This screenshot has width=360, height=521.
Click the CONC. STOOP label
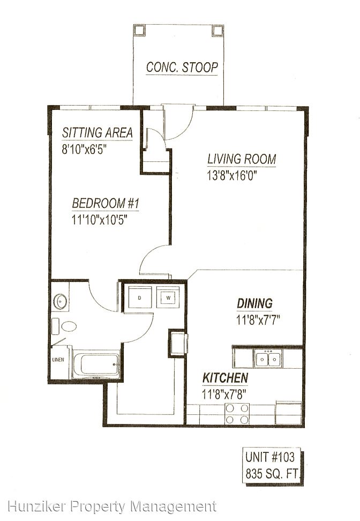tap(182, 67)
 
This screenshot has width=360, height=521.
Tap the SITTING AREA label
tap(97, 132)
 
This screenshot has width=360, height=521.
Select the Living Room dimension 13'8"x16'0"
tap(232, 175)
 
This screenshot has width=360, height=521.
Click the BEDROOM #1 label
tap(106, 203)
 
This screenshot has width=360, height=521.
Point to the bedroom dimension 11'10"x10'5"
tap(100, 219)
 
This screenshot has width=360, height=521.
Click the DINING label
tap(254, 303)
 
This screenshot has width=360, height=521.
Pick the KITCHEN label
tap(225, 378)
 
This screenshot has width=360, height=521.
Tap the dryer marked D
tap(139, 297)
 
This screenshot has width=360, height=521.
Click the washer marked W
tap(168, 297)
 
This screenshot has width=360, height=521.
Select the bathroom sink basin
tap(60, 302)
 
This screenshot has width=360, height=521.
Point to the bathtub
tap(96, 364)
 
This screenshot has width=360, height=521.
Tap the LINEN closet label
tap(58, 360)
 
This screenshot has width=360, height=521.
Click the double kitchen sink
tap(268, 359)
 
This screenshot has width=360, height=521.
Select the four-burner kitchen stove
tap(237, 414)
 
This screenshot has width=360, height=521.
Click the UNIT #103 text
tap(269, 457)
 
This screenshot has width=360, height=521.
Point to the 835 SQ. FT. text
tap(272, 473)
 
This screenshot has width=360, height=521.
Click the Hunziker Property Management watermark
tap(112, 507)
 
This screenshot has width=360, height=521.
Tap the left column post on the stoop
tap(139, 30)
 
